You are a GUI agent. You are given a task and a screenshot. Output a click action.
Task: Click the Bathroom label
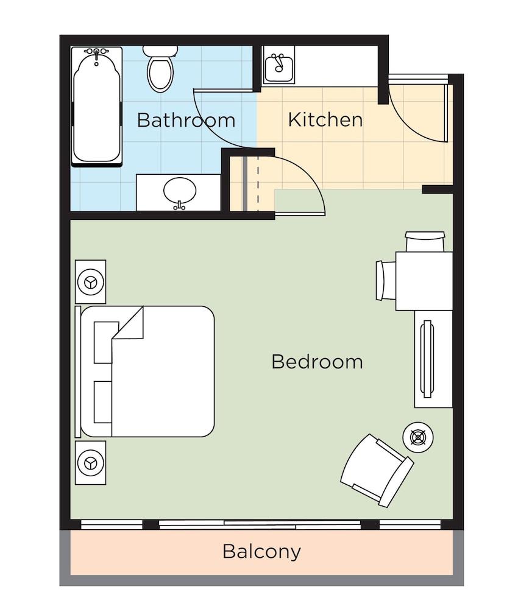[186, 120]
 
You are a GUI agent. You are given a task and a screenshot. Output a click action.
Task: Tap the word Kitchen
[325, 119]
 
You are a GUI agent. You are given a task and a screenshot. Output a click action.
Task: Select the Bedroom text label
[317, 362]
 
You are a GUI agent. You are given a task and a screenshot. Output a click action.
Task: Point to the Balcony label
[261, 552]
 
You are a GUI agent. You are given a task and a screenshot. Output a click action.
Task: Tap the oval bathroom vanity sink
[180, 191]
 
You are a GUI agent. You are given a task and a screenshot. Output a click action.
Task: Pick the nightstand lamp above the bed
[91, 282]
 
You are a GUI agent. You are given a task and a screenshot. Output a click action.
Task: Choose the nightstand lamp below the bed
[91, 463]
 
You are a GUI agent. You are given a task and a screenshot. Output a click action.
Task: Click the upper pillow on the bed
[104, 342]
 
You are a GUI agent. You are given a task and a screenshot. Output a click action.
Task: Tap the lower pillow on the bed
[103, 402]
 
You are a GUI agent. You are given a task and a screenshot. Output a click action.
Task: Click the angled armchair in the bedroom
[377, 470]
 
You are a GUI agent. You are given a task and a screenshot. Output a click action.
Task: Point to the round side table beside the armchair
[418, 437]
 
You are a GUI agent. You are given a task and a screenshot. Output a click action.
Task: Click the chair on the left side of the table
[386, 280]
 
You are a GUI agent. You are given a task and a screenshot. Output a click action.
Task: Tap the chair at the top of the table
[425, 242]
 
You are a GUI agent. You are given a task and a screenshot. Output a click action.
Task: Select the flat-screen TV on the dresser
[427, 359]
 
